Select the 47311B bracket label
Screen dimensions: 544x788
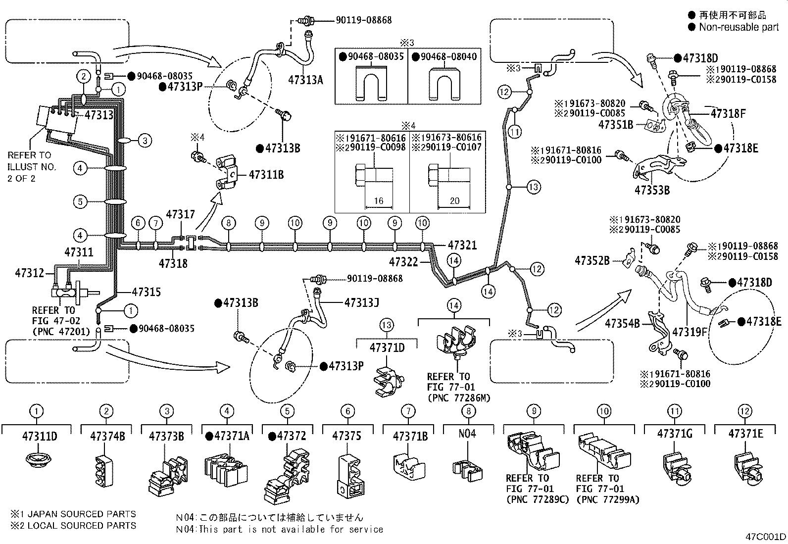pos(266,175)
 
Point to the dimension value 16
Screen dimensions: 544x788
pos(379,201)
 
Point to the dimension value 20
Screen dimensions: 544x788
pos(454,201)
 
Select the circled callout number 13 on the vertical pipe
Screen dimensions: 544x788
pos(533,187)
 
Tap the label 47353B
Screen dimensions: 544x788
pos(652,190)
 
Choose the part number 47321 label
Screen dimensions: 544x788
pos(462,246)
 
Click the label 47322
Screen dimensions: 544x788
pos(404,262)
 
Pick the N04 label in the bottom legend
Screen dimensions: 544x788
pos(467,434)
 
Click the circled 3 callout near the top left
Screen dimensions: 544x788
pos(145,141)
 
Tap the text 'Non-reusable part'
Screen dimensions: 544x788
pos(739,27)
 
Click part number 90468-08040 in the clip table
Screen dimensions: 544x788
pos(449,57)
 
